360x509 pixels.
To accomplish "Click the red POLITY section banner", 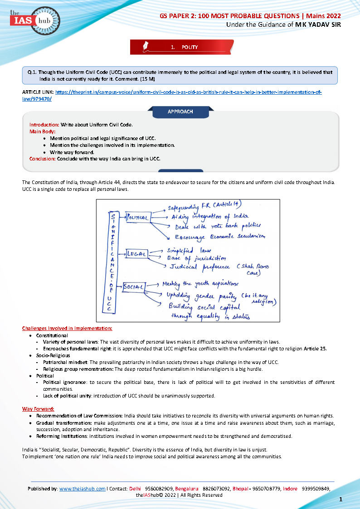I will coord(182,47).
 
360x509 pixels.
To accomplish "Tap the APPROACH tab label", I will coord(180,111).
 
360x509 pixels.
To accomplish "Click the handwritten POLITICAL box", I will coord(137,218).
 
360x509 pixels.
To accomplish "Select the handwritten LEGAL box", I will coord(136,254).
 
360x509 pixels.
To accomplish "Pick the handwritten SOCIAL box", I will coord(134,286).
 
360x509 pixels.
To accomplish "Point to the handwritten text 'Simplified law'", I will coord(186,250).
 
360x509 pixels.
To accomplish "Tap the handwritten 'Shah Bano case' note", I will coord(254,270).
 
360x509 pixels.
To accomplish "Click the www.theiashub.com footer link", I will coord(82,489).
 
